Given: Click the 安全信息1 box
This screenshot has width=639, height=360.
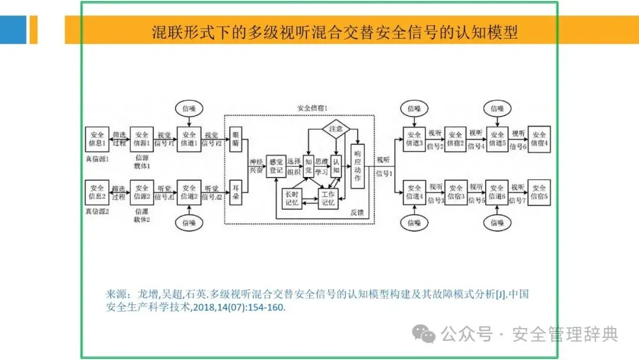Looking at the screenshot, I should pos(96,138).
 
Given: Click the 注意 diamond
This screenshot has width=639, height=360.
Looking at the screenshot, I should pos(336,128).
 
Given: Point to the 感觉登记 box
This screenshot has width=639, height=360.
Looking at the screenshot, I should pos(276,165).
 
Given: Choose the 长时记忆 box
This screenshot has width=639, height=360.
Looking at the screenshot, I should pos(293,198).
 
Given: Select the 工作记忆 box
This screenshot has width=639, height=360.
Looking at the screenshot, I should pos(328,198).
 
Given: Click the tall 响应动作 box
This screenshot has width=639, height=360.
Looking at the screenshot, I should pos(357,166).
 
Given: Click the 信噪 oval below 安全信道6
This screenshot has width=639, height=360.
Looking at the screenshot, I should pos(497,223).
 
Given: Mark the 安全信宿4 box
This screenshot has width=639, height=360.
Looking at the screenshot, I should pos(539,138).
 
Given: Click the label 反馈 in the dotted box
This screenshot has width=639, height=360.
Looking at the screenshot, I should pos(357,212).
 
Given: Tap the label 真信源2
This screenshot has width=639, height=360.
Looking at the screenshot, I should pos(96,211).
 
